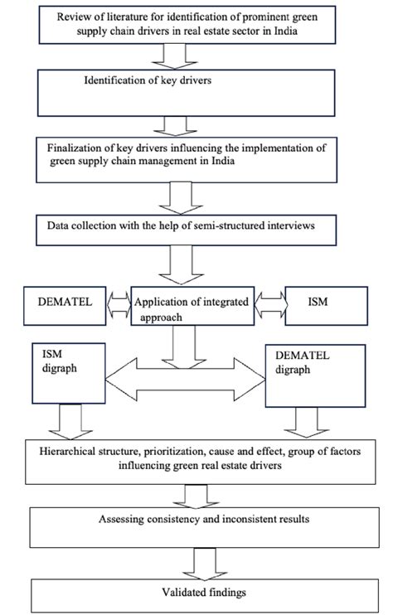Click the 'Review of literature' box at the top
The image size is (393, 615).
pyautogui.click(x=196, y=26)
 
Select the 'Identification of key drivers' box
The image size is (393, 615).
pyautogui.click(x=196, y=92)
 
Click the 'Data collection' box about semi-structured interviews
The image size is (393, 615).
pyautogui.click(x=196, y=228)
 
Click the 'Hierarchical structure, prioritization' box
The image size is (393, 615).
pyautogui.click(x=196, y=461)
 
